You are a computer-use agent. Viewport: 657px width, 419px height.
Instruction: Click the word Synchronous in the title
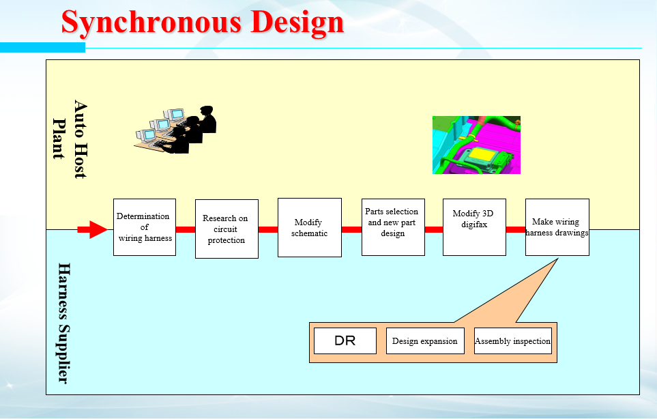(151, 23)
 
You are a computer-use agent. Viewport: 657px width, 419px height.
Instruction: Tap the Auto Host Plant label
(70, 139)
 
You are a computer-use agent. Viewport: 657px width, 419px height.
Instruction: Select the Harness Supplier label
(63, 323)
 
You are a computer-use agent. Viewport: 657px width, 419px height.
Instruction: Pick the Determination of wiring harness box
(145, 227)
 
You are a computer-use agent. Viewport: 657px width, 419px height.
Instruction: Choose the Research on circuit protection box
(227, 229)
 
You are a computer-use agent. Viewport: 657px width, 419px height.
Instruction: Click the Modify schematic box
(310, 227)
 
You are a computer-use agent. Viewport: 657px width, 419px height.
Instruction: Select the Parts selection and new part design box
(393, 227)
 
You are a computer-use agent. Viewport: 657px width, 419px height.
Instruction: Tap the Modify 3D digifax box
(474, 227)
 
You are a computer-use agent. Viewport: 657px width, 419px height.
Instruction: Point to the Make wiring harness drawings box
(557, 227)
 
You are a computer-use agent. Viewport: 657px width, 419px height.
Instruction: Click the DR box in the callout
(345, 341)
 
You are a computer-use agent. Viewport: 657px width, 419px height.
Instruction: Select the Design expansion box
(425, 341)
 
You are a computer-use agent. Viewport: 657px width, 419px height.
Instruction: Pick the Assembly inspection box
(513, 341)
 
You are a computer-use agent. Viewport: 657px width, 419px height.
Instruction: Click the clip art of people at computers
(175, 130)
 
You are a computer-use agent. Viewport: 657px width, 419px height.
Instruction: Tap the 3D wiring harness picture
(476, 145)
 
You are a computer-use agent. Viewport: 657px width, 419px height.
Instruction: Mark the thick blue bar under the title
(42, 47)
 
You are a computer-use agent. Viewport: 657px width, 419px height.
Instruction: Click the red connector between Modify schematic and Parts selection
(351, 229)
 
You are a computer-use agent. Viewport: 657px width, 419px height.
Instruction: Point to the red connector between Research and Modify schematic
(268, 229)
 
